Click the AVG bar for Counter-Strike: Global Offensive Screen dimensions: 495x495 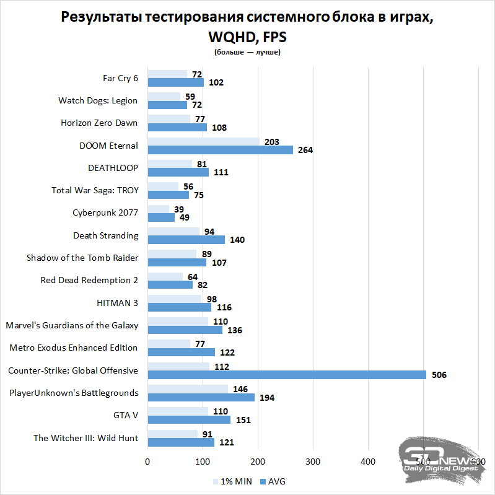point(286,375)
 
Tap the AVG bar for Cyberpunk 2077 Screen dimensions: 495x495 point(161,217)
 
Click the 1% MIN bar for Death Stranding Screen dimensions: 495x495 point(173,231)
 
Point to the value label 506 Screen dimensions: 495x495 point(439,375)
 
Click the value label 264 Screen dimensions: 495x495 point(305,151)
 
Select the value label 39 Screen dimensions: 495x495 point(179,209)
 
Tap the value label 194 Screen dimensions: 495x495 point(267,397)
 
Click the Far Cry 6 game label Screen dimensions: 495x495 point(120,78)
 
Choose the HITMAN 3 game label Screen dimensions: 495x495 point(117,302)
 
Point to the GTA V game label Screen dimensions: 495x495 point(125,415)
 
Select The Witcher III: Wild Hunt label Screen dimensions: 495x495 point(85,438)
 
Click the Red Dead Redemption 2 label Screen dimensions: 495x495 point(89,280)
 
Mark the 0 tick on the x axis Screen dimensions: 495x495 point(147,462)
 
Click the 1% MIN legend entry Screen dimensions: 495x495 point(232,481)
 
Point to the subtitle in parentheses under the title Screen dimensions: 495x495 point(247,52)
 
